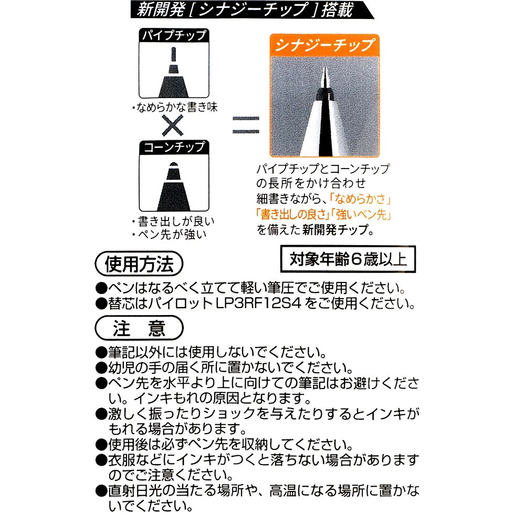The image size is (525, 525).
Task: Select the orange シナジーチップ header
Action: click(x=324, y=44)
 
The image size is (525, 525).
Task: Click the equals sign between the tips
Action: click(x=246, y=124)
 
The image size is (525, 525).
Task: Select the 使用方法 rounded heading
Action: click(x=139, y=264)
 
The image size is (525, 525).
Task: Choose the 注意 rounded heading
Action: click(x=139, y=328)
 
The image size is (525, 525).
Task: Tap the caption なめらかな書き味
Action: click(x=175, y=109)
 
